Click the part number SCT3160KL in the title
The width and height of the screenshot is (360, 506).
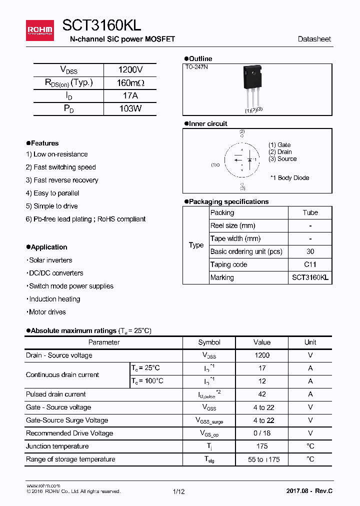click(101, 26)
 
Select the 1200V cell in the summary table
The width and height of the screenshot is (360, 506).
click(130, 70)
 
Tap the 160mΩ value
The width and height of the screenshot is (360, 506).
click(130, 83)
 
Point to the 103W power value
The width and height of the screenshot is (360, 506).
click(130, 108)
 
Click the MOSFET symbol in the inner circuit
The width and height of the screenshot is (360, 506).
click(242, 160)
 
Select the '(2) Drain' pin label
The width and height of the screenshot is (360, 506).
click(280, 152)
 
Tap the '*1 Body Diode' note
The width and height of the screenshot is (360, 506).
click(289, 178)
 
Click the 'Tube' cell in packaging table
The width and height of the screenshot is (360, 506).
click(310, 212)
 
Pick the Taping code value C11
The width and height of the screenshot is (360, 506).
click(310, 264)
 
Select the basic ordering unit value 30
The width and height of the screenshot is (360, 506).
click(310, 251)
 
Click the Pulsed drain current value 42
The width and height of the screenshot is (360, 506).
click(261, 394)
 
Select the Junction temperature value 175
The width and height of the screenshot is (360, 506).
click(261, 446)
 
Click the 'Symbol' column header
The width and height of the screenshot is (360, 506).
click(209, 342)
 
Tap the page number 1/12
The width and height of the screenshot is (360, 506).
click(179, 491)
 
